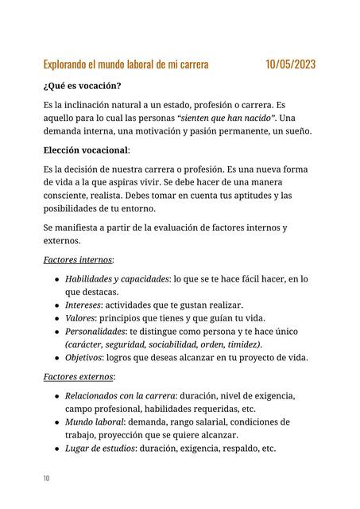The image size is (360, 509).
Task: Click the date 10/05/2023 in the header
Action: point(290,64)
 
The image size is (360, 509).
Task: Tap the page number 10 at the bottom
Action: point(47,478)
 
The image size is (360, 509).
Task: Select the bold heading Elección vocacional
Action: point(87,150)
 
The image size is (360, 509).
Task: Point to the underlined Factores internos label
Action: point(78,259)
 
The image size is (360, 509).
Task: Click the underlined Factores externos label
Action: point(79,376)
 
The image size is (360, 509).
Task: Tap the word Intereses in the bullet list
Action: point(83,305)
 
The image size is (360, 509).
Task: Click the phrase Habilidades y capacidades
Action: point(116,278)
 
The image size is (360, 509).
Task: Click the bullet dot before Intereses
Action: point(56,305)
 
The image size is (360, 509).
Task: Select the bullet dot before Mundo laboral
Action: point(56,422)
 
